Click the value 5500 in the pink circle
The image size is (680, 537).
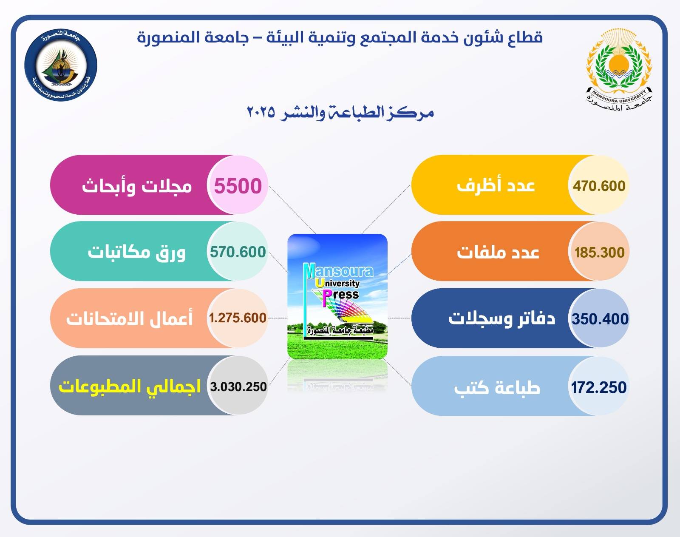click(x=238, y=186)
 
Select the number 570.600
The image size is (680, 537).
click(x=238, y=252)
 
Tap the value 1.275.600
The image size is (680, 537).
click(x=238, y=318)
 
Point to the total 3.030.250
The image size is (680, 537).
click(x=238, y=386)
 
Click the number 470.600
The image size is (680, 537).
click(x=599, y=186)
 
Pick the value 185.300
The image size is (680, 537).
click(x=599, y=253)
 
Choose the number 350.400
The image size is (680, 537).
click(x=600, y=319)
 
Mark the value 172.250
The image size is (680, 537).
click(x=599, y=387)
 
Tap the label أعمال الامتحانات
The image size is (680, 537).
click(x=129, y=318)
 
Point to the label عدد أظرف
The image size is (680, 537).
click(x=496, y=185)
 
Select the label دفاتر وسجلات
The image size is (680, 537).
click(x=502, y=318)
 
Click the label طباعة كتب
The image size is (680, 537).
click(x=497, y=387)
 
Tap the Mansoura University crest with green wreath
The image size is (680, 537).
click(x=619, y=70)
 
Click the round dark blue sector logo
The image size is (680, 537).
click(x=61, y=65)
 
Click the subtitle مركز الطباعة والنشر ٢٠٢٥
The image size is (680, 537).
click(x=340, y=113)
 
